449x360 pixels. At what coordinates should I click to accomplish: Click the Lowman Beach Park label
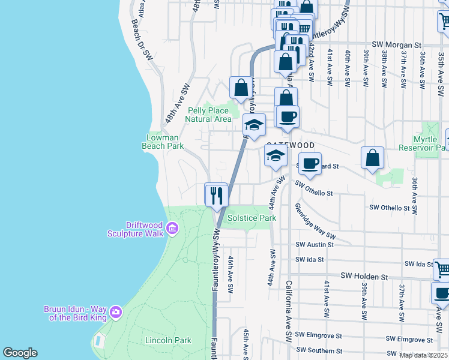[x=162, y=141]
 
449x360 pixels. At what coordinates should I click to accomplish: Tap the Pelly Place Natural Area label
[x=209, y=115]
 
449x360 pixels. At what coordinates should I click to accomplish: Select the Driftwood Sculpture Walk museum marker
[x=172, y=228]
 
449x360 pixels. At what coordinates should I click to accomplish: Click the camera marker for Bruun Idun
[x=115, y=312]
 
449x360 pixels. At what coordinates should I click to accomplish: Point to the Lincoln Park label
[x=168, y=340]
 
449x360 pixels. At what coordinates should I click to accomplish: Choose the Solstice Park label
[x=252, y=218]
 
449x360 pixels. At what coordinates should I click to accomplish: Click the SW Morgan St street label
[x=397, y=45]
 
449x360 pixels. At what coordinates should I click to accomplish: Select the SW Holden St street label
[x=364, y=276]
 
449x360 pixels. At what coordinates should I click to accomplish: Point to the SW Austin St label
[x=315, y=245]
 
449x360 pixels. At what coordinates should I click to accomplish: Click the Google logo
[x=20, y=353]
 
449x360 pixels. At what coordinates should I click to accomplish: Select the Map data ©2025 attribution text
[x=424, y=355]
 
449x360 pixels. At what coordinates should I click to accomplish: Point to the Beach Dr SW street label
[x=143, y=39]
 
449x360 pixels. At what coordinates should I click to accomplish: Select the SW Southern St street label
[x=318, y=351]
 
